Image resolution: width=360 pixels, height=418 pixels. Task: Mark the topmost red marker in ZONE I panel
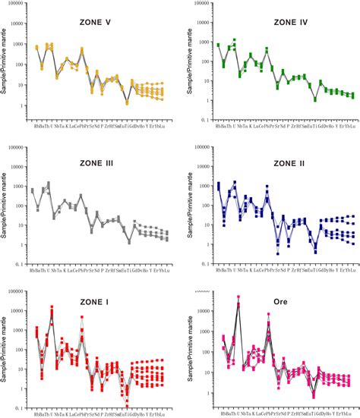52,307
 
